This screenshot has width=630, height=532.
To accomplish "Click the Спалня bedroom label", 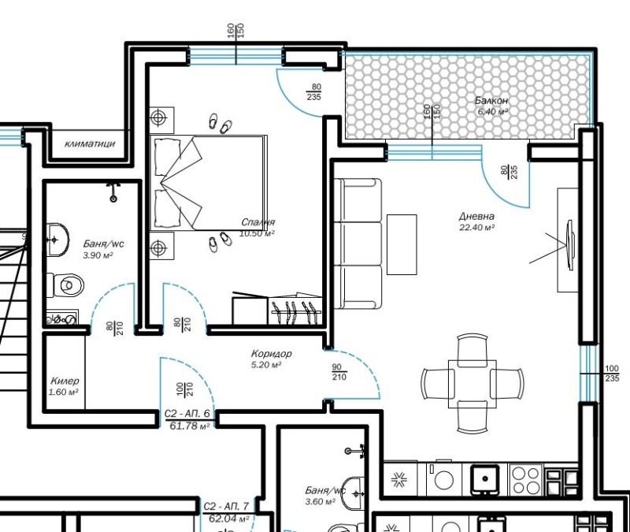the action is [258, 222].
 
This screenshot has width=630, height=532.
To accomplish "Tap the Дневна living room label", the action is [476, 216].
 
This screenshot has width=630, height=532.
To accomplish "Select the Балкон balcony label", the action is [491, 100].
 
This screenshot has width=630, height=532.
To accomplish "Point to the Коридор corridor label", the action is [271, 354].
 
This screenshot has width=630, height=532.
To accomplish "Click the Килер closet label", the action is [65, 381].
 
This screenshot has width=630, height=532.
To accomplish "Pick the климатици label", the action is [90, 143].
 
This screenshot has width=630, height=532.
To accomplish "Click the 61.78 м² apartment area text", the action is [190, 426].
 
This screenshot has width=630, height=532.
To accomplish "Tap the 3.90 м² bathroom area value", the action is [97, 255].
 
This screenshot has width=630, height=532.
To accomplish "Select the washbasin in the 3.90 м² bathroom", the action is [57, 240].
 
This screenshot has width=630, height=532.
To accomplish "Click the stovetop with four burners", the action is [526, 479].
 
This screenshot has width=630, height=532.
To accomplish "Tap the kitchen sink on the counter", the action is [485, 479].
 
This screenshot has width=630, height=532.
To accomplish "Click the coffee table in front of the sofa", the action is [402, 244].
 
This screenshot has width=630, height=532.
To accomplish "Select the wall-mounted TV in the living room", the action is [569, 244].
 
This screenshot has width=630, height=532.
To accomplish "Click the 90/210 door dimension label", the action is [339, 372].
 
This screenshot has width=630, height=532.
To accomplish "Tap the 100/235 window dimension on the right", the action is [612, 374].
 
